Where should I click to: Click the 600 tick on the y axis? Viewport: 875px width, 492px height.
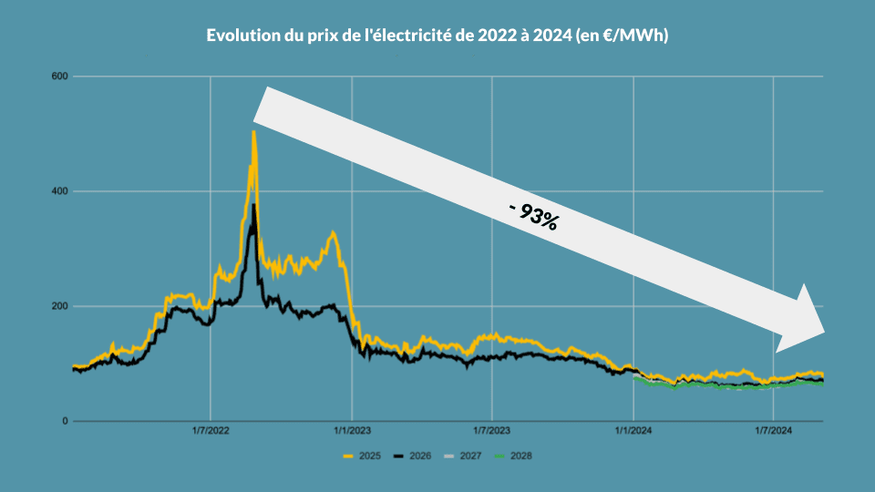[x=61, y=77]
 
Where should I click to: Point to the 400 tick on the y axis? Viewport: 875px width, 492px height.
[x=61, y=191]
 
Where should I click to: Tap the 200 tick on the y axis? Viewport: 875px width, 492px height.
[x=61, y=306]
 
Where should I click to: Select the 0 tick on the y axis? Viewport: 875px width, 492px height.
[x=66, y=421]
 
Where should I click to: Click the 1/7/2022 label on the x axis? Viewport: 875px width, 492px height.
[x=210, y=432]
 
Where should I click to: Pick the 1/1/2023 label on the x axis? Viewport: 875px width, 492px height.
[x=351, y=432]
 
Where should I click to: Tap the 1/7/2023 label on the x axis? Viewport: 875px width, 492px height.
[x=491, y=432]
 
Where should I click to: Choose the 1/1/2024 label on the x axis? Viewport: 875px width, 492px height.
[x=633, y=432]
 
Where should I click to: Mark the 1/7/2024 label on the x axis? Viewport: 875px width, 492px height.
[x=773, y=432]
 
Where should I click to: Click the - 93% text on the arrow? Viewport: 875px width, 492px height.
[x=534, y=215]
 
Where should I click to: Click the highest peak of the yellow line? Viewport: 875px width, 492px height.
[x=253, y=133]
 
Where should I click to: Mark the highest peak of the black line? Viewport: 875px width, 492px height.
[x=254, y=205]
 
